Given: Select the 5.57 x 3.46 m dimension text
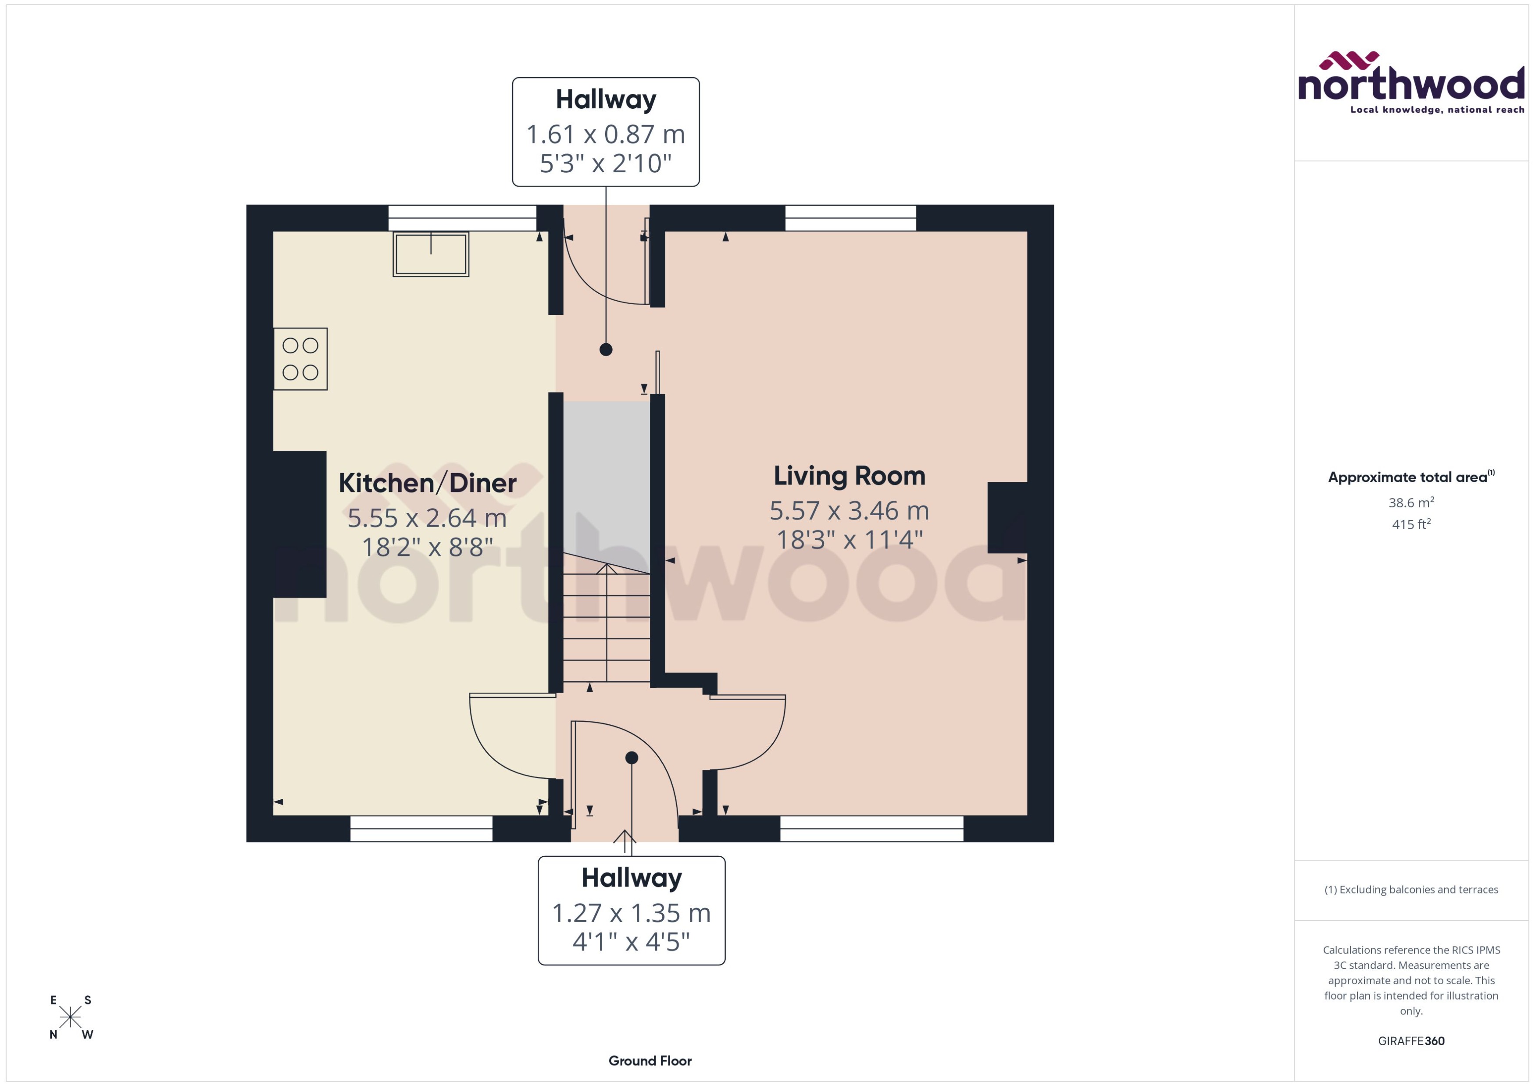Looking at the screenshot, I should click(x=849, y=511).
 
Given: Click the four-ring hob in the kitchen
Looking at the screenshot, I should click(x=300, y=359).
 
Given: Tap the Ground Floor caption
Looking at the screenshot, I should click(x=650, y=1061).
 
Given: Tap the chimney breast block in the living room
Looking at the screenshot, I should click(x=1007, y=518).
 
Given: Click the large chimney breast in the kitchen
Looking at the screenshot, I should click(x=299, y=524).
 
